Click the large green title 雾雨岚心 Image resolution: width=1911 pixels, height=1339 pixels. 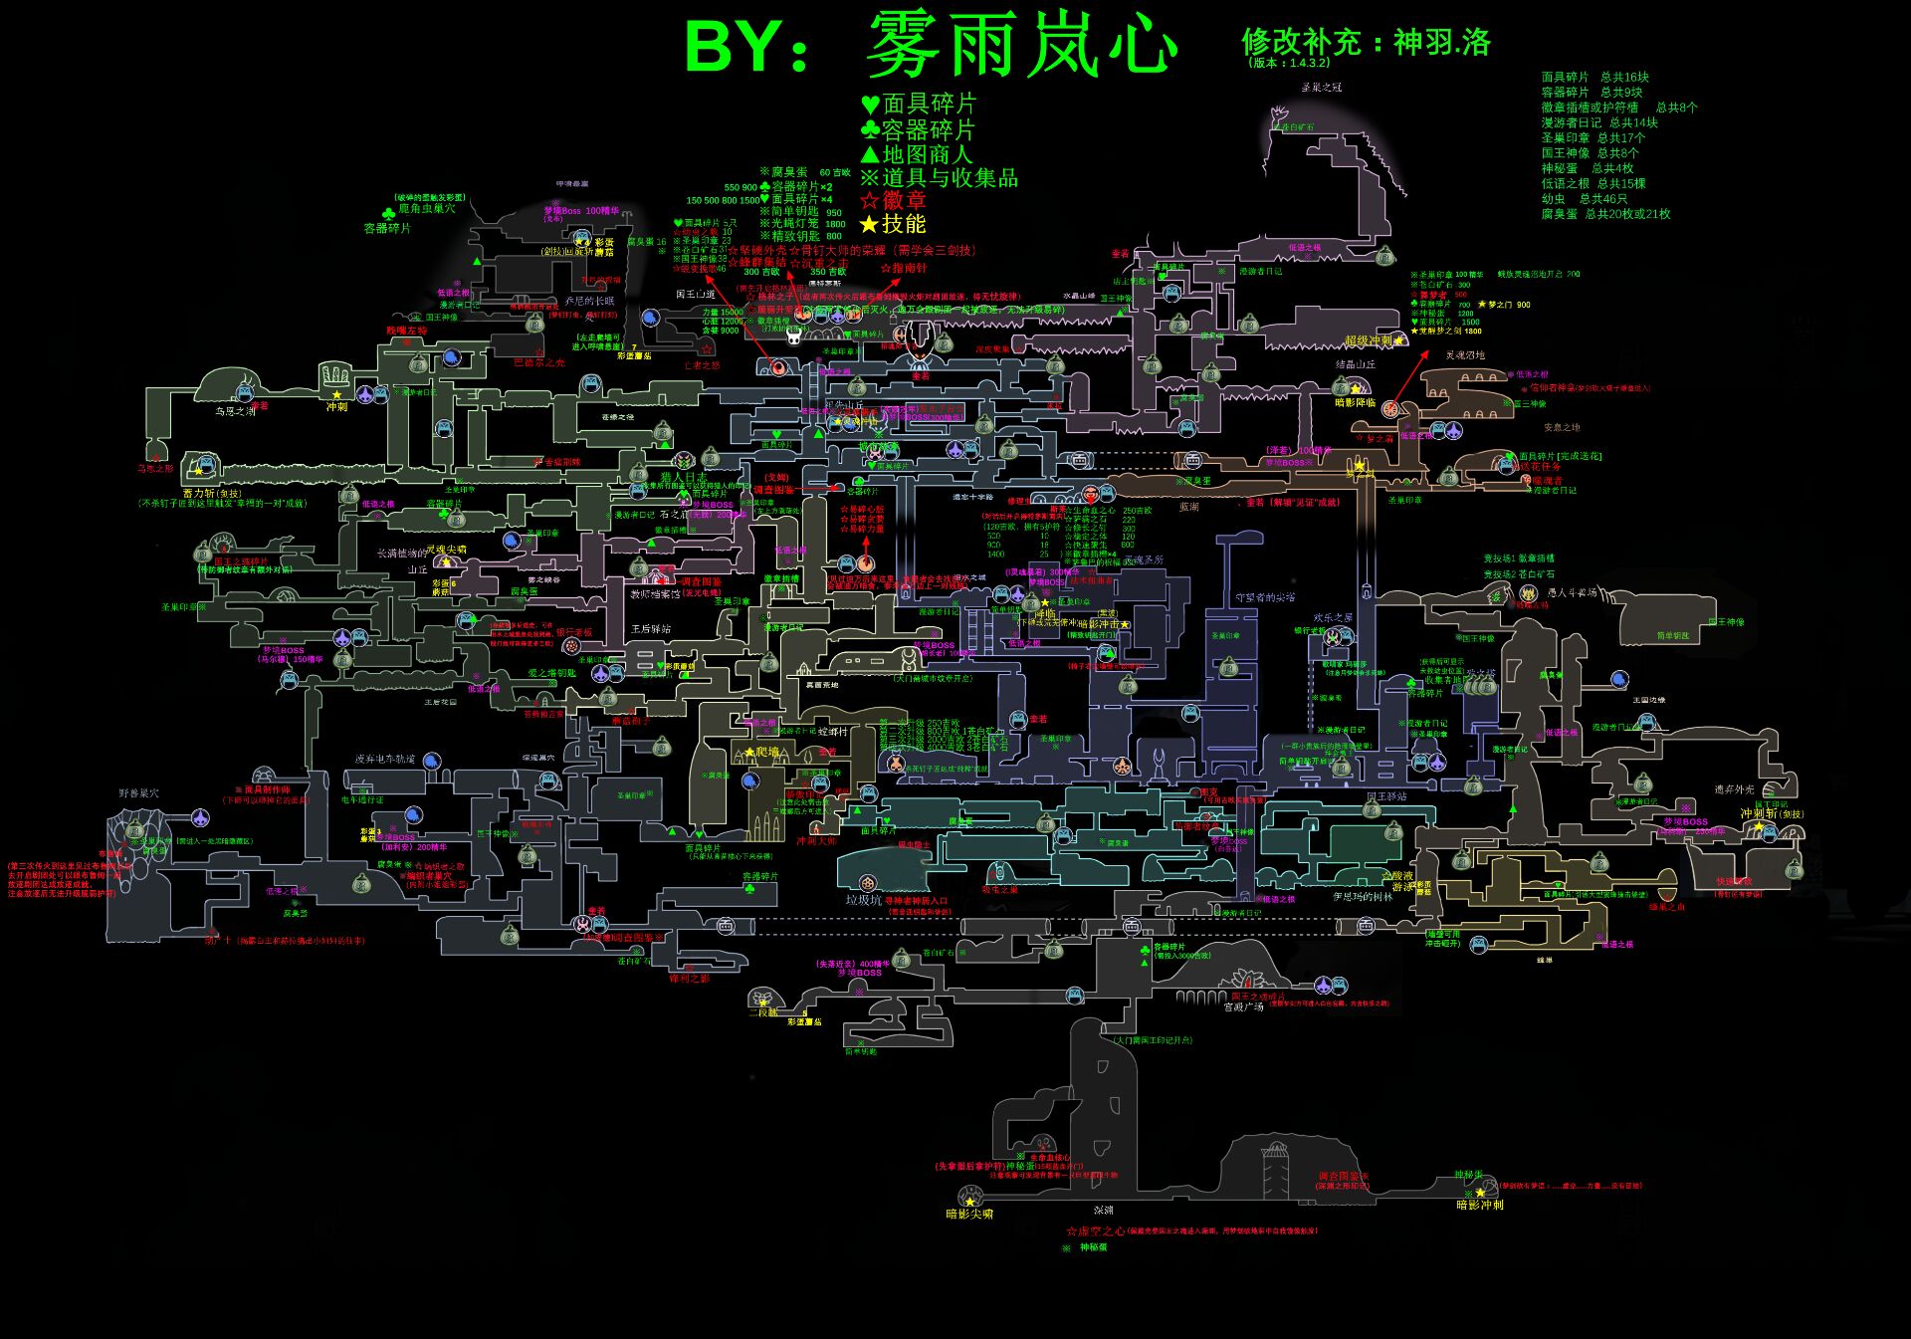point(1021,46)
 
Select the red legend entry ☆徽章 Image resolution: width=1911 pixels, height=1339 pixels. point(893,200)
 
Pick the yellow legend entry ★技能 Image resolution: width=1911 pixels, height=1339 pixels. point(893,224)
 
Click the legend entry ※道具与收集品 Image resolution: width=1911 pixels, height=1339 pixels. point(939,178)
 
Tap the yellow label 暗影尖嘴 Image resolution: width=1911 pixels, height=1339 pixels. point(968,1214)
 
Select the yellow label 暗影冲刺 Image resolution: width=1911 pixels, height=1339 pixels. point(1479,1205)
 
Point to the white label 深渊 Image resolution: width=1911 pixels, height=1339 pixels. point(1103,1211)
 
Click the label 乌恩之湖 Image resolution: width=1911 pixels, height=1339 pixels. point(235,411)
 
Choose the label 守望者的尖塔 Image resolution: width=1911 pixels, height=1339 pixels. point(1265,598)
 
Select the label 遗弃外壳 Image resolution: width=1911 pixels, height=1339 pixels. point(1734,789)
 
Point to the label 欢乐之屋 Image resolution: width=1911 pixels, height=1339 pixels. point(1333,618)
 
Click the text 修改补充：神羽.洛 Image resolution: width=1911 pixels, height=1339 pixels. point(1366,43)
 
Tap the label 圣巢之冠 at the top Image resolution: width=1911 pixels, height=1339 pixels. point(1321,88)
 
